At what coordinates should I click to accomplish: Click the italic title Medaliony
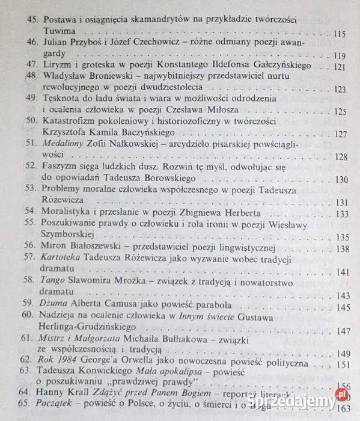point(64,145)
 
